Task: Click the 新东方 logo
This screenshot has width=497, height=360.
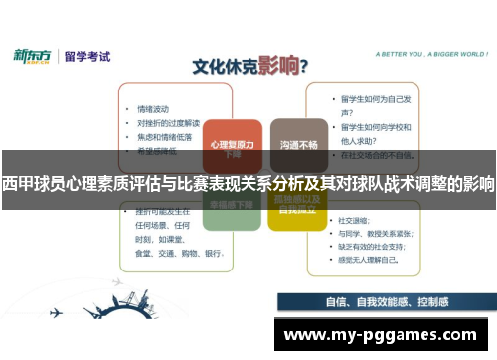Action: pyautogui.click(x=33, y=55)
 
